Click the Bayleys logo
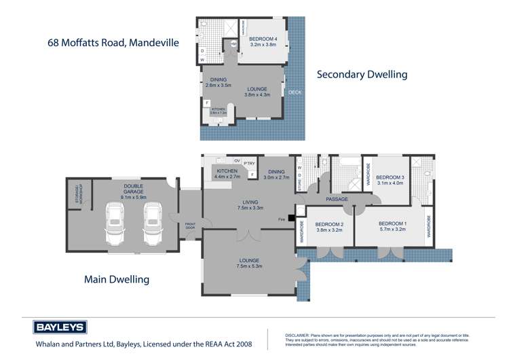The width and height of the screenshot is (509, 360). click(x=60, y=327)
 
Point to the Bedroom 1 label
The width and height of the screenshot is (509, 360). click(x=392, y=226)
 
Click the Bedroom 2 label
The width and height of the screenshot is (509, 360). click(x=329, y=226)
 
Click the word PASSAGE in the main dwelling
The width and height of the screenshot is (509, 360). click(x=337, y=199)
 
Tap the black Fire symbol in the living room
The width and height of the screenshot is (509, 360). click(x=291, y=219)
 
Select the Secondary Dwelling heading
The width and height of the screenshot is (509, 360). click(x=362, y=75)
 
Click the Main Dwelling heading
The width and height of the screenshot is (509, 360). click(x=116, y=278)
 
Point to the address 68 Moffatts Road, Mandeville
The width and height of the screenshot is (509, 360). click(x=113, y=42)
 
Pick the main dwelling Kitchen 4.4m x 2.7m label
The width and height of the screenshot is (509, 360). click(x=227, y=174)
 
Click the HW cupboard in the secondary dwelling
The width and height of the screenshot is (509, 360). click(x=234, y=43)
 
